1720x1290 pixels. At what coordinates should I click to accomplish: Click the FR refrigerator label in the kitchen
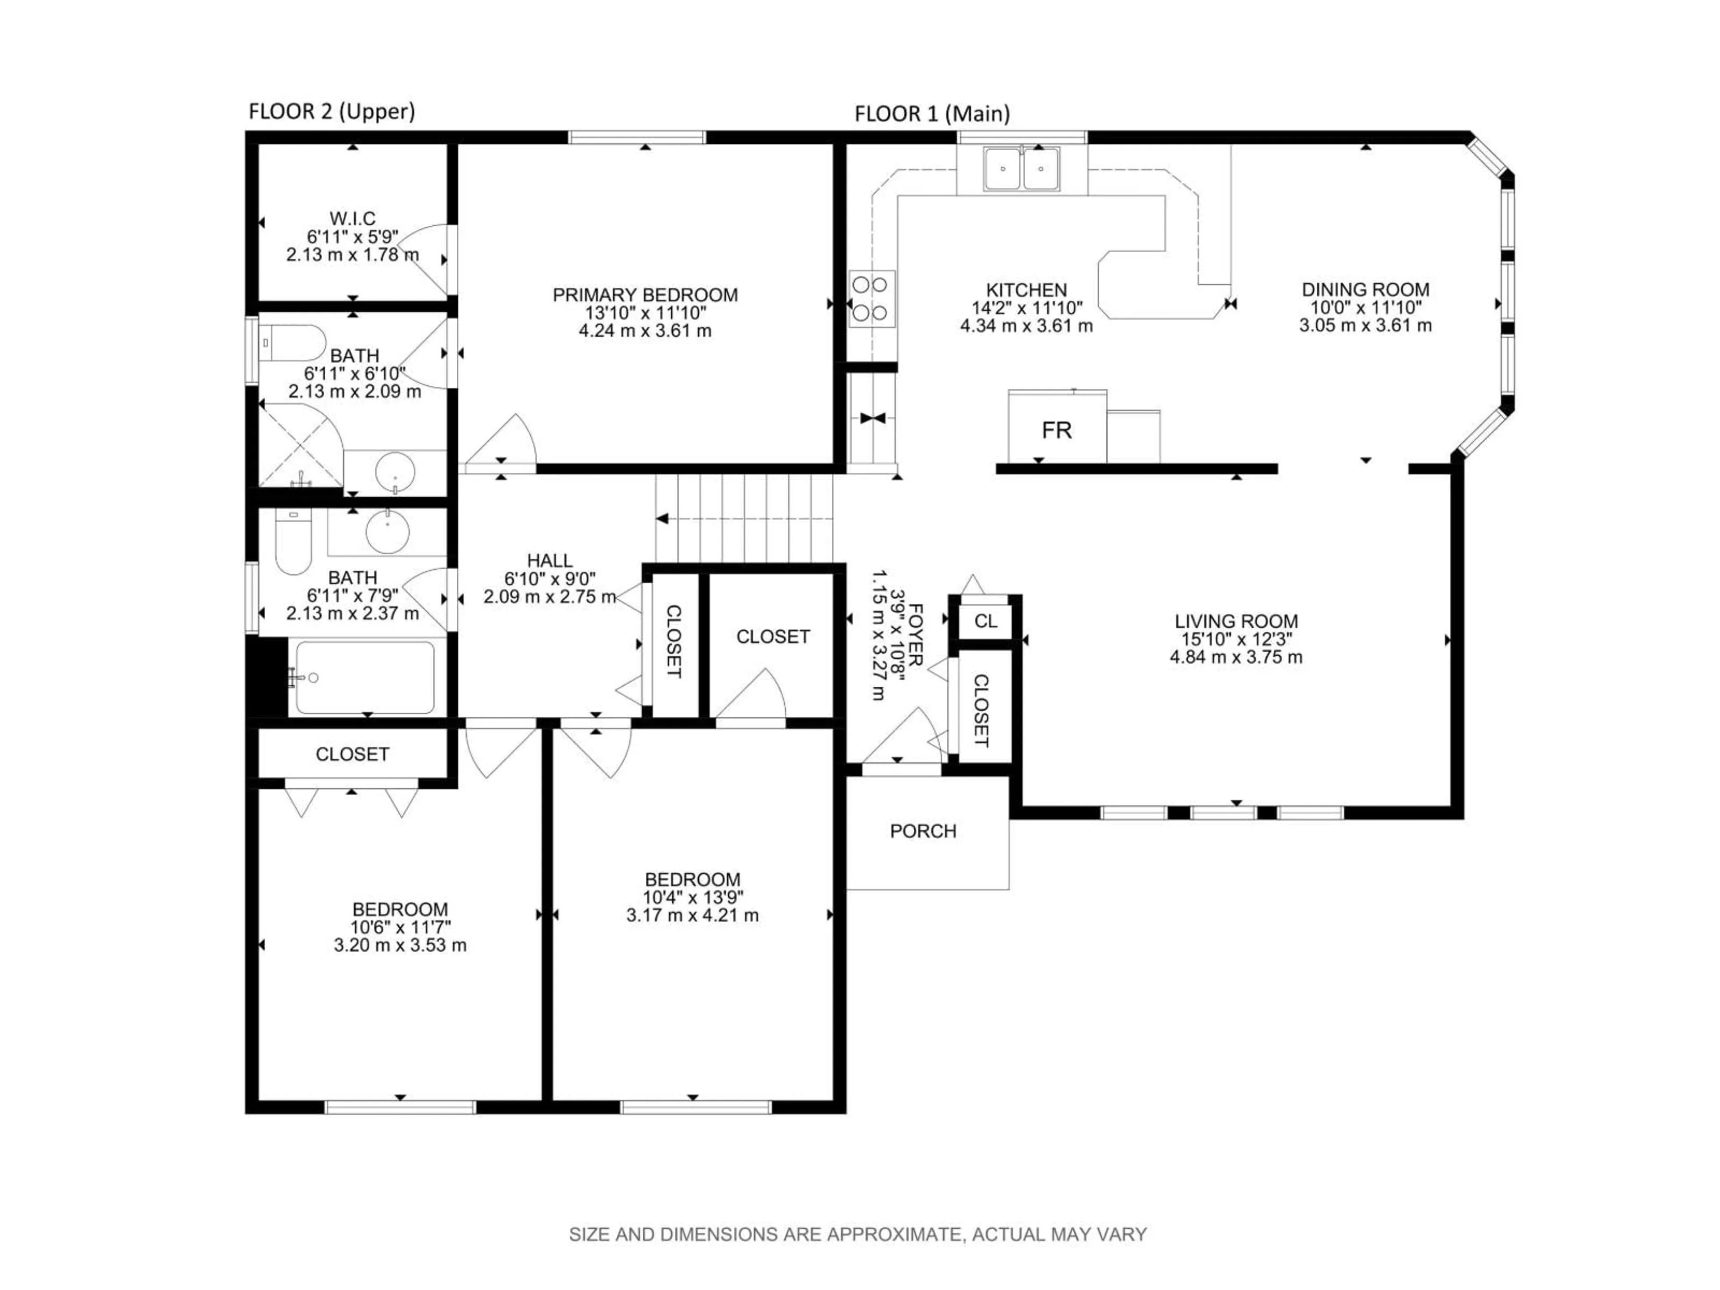pyautogui.click(x=1056, y=430)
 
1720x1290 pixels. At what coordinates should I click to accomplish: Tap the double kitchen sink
pyautogui.click(x=1021, y=169)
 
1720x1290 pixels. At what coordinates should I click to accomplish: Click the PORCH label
pyautogui.click(x=923, y=831)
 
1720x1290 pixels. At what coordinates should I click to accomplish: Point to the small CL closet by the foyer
pyautogui.click(x=985, y=620)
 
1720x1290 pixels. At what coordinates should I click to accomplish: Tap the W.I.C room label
pyautogui.click(x=352, y=219)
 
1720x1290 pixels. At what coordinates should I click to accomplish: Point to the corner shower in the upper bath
pyautogui.click(x=299, y=447)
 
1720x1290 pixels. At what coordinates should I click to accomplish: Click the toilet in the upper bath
pyautogui.click(x=292, y=343)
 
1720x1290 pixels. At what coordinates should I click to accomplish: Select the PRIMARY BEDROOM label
pyautogui.click(x=645, y=295)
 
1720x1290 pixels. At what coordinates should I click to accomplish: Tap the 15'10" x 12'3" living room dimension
pyautogui.click(x=1235, y=639)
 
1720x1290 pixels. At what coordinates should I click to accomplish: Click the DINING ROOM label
pyautogui.click(x=1365, y=289)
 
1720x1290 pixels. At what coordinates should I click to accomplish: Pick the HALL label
pyautogui.click(x=550, y=560)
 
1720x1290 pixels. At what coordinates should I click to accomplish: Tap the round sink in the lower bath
pyautogui.click(x=387, y=532)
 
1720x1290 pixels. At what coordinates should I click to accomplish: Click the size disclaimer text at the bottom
pyautogui.click(x=858, y=1234)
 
